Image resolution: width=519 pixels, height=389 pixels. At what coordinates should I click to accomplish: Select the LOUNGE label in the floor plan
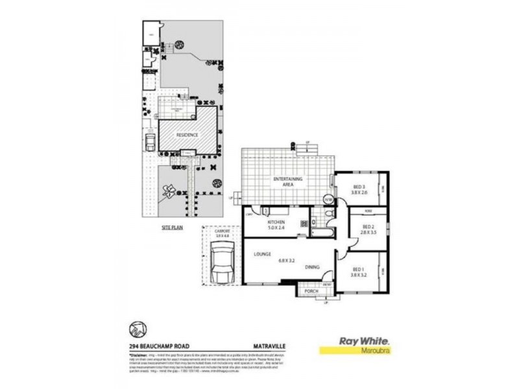262,254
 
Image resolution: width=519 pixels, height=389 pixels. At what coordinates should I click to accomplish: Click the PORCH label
311,292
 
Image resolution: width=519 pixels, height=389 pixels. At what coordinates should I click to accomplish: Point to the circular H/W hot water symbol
328,200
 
